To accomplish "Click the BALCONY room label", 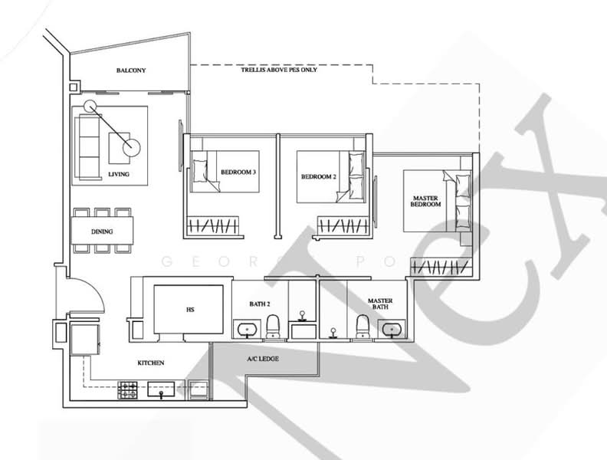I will (x=131, y=71).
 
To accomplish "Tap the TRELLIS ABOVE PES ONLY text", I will (x=279, y=70).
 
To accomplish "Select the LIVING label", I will (x=119, y=174).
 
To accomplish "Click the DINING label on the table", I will (x=102, y=230).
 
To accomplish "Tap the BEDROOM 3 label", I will (x=238, y=172).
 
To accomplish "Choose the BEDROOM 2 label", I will (x=318, y=176).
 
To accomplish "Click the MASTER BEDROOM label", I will (x=425, y=202).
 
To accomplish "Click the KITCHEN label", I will (x=150, y=363).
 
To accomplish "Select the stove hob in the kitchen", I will (x=127, y=390).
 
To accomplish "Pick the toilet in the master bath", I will (x=363, y=327).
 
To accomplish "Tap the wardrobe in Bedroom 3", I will (x=215, y=226).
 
